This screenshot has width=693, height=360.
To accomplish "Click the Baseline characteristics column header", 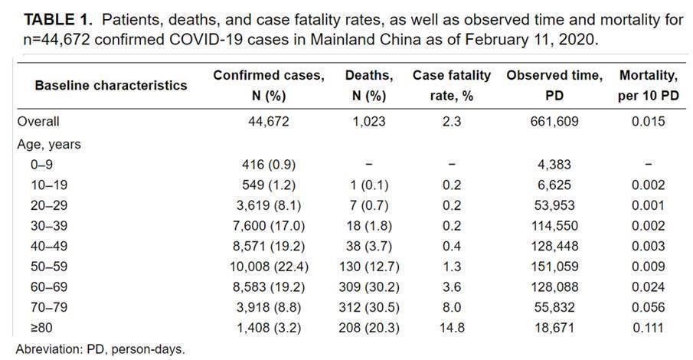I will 110,86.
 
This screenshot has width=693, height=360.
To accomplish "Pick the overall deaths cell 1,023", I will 369,121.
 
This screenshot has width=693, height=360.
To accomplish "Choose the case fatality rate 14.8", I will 451,331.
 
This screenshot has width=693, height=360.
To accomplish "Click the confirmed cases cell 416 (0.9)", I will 268,164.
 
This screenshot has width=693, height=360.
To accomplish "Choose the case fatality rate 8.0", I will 451,310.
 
